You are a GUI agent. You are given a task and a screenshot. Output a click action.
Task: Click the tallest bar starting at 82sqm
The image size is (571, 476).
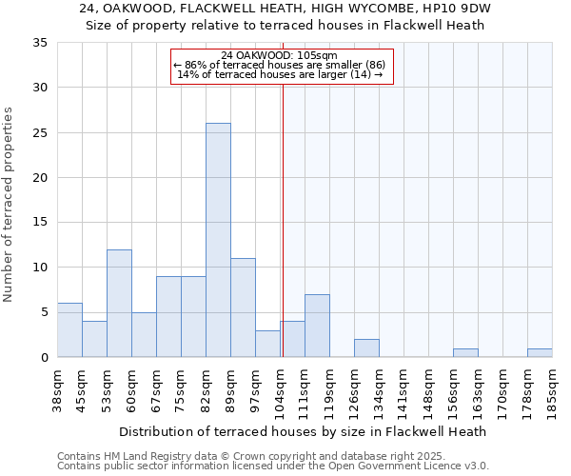(218, 240)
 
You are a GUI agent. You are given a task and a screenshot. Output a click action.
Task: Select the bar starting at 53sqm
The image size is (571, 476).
(119, 303)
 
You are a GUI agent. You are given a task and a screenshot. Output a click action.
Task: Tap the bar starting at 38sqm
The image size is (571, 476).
(69, 329)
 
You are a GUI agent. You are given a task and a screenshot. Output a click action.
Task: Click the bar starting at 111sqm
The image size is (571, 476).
(317, 326)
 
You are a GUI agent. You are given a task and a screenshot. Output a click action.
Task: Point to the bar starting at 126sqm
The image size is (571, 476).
(366, 347)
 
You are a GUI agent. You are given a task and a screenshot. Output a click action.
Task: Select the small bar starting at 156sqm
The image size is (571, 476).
(465, 353)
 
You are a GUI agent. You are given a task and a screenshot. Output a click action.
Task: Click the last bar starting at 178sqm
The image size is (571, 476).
(540, 353)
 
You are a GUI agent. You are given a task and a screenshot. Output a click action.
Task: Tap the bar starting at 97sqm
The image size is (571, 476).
(267, 344)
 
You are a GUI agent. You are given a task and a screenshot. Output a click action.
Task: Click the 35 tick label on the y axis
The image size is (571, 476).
(40, 43)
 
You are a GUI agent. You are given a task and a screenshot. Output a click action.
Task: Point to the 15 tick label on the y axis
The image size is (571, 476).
(40, 223)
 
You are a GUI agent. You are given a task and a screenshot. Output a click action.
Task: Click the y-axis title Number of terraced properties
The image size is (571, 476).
(10, 204)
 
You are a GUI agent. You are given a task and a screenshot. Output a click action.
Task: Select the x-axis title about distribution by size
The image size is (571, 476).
(305, 431)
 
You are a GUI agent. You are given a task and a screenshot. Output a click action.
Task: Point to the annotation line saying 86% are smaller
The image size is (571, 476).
(279, 65)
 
